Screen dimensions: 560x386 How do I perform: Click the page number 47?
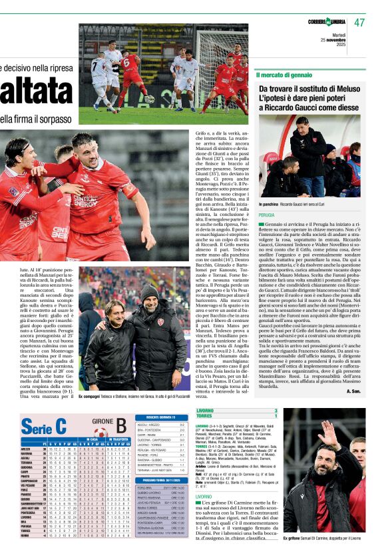pos(360,22)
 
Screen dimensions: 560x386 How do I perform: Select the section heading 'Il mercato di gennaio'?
pos(284,75)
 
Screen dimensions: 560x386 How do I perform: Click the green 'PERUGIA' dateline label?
pos(267,215)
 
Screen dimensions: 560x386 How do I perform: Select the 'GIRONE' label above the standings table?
pos(103,422)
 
